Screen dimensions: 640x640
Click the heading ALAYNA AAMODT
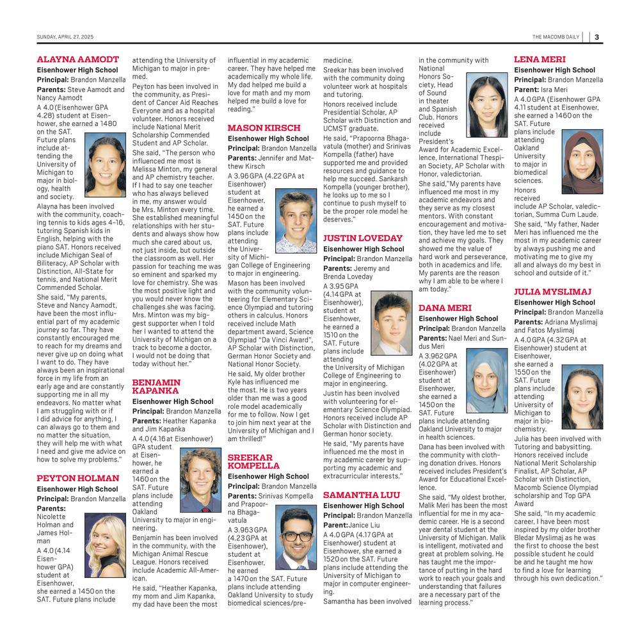pos(78,60)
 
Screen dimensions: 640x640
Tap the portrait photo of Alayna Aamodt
pos(105,166)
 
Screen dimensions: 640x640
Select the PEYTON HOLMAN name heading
pos(78,478)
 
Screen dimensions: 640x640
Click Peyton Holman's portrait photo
pos(105,545)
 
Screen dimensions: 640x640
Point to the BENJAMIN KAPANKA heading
pos(156,386)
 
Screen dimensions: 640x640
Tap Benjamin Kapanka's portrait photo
pos(200,479)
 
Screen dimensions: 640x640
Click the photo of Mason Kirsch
pos(296,221)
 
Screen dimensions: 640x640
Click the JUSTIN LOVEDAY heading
pos(363,238)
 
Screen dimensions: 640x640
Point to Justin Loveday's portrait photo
pos(392,323)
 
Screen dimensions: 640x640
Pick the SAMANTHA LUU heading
pos(362,495)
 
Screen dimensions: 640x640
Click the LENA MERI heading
pos(540,60)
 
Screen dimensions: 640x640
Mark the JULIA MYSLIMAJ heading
pos(552,292)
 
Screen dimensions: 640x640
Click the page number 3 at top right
pos(596,36)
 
